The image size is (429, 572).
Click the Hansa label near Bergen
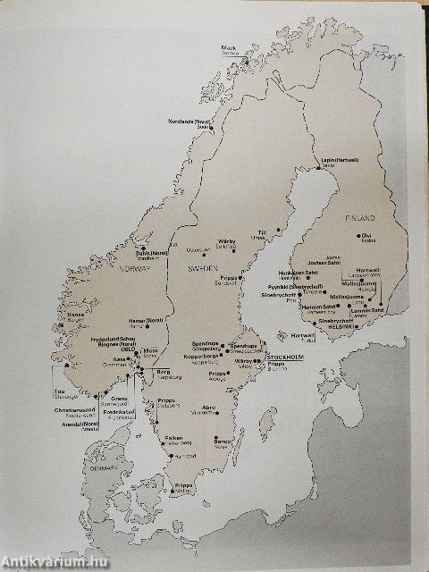pos(74,314)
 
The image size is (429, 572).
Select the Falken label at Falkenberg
pos(174,437)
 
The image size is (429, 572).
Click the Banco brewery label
pos(222,441)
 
